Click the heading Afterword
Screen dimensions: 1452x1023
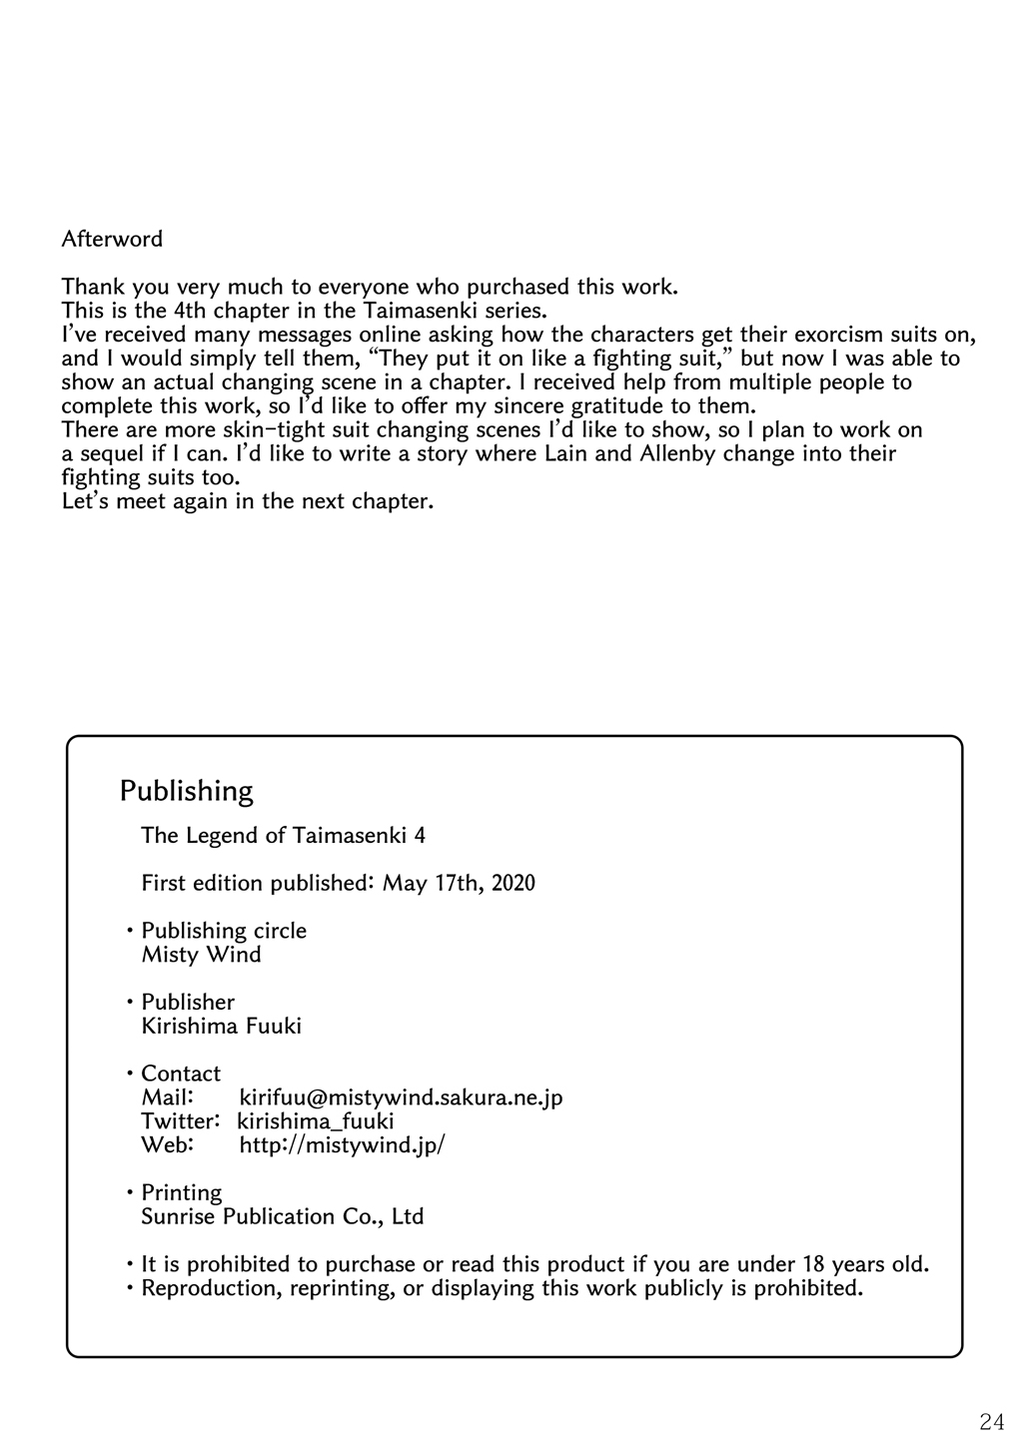pyautogui.click(x=112, y=240)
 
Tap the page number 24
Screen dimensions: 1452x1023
pyautogui.click(x=992, y=1421)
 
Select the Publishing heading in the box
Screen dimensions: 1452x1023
pyautogui.click(x=186, y=791)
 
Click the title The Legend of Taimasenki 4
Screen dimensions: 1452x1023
pyautogui.click(x=283, y=835)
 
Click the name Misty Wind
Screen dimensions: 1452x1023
pyautogui.click(x=201, y=955)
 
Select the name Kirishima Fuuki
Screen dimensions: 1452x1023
pyautogui.click(x=221, y=1026)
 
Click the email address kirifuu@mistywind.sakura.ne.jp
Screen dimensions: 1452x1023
pyautogui.click(x=401, y=1097)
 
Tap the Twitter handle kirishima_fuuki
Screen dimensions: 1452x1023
pyautogui.click(x=316, y=1121)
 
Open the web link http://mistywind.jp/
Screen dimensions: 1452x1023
pyautogui.click(x=342, y=1145)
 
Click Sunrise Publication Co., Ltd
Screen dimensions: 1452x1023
pyautogui.click(x=282, y=1216)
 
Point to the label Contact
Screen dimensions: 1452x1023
pyautogui.click(x=181, y=1074)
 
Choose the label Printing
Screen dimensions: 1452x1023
pyautogui.click(x=181, y=1192)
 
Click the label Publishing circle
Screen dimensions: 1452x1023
pyautogui.click(x=224, y=931)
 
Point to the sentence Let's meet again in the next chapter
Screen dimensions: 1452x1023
pyautogui.click(x=247, y=501)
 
